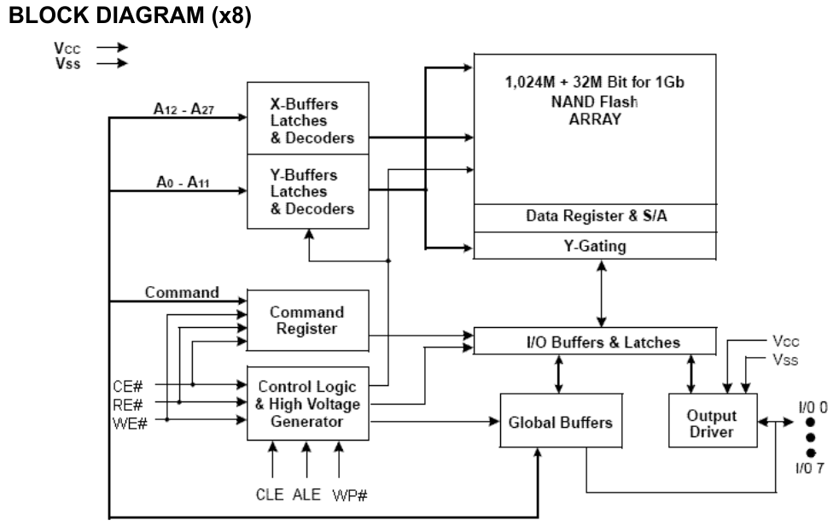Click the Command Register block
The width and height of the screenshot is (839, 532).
coord(307,319)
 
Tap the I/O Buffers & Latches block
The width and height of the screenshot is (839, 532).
coord(595,342)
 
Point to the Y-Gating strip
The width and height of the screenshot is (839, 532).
coord(595,246)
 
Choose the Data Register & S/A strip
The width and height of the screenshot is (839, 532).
coord(595,217)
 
